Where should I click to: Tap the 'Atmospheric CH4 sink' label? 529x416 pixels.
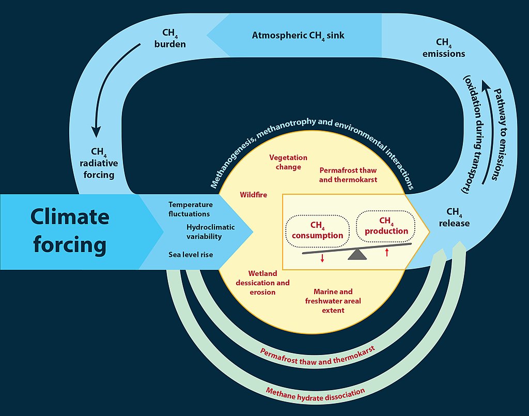(298, 36)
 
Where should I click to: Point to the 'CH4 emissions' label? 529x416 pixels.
(443, 48)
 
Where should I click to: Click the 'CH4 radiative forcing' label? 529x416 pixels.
(99, 163)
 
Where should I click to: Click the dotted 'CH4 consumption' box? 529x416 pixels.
(318, 230)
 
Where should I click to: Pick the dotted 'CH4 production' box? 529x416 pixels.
(386, 226)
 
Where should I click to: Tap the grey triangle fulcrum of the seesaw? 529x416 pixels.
(357, 254)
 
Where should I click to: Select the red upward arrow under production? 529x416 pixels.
(386, 253)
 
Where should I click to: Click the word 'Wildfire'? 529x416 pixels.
(253, 195)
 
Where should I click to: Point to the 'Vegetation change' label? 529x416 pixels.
(288, 162)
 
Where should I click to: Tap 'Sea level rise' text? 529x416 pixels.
(191, 255)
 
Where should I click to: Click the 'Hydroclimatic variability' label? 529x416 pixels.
(210, 232)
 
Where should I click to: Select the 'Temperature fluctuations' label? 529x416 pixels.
(190, 209)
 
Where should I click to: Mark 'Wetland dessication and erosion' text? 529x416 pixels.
(262, 283)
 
